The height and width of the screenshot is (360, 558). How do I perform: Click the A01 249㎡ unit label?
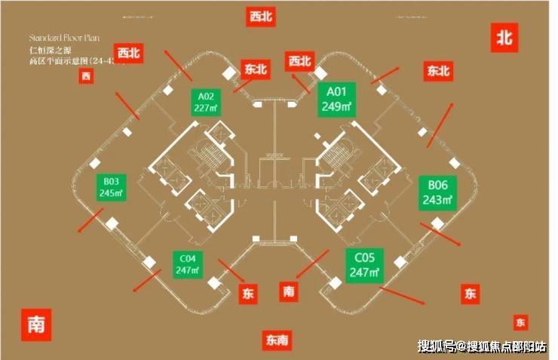coord(336,100)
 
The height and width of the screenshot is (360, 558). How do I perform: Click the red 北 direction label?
coord(504,37)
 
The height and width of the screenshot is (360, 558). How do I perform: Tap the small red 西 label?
coord(86,75)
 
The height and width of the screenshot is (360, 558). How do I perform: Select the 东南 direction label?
coord(277,340)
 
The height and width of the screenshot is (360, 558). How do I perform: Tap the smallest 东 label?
coord(520,322)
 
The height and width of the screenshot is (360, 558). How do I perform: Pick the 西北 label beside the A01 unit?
coord(299,61)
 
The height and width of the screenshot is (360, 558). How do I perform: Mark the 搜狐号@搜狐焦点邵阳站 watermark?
coord(483,346)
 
